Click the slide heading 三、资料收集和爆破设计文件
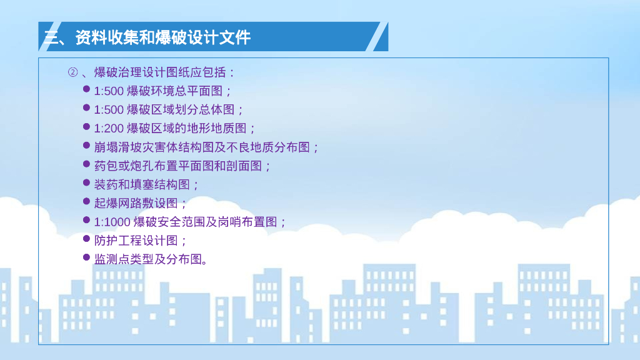click(x=147, y=37)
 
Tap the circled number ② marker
click(x=72, y=72)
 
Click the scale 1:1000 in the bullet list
click(x=112, y=222)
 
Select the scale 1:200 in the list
click(x=109, y=129)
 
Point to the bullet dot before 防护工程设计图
click(x=87, y=239)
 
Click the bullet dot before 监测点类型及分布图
click(x=87, y=257)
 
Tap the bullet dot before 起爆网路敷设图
click(x=87, y=201)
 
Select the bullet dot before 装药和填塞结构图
click(x=87, y=182)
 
